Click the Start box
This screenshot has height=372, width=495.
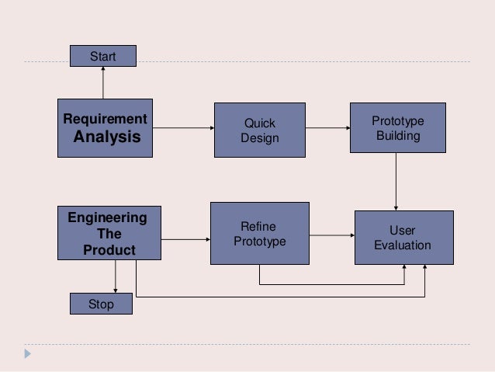102,56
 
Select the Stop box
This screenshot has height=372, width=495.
101,304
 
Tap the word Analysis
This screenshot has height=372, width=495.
107,137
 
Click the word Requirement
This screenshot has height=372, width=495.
105,119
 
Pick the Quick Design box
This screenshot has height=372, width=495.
259,130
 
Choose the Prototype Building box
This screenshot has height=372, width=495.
397,128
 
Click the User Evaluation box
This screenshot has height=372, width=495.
402,238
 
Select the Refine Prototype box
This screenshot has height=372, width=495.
259,233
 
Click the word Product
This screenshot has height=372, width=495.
109,251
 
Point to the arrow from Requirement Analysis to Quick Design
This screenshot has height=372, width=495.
182,129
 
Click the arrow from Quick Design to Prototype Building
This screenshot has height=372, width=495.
327,129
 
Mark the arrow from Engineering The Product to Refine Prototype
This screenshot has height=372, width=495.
185,239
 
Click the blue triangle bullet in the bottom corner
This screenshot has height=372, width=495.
29,354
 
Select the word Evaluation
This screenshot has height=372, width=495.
402,245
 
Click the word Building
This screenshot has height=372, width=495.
397,136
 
